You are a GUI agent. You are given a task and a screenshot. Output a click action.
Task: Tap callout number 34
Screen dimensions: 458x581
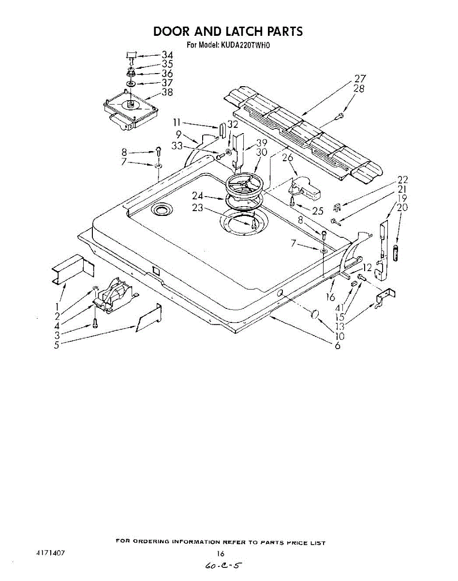167,55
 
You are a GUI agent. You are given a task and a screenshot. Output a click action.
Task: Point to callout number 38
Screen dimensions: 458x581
167,92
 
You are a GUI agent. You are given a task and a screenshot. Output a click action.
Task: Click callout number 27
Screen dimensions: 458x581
360,79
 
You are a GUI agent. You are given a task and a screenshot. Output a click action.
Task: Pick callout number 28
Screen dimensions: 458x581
359,89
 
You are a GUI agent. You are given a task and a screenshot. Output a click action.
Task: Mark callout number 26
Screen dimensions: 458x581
287,158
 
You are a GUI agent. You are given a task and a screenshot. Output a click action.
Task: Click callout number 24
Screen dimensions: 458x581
197,197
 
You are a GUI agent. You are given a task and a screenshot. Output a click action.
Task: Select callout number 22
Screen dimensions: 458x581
402,180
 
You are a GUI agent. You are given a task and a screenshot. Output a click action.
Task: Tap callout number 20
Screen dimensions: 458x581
402,208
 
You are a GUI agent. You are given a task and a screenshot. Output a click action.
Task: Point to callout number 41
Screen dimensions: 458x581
340,307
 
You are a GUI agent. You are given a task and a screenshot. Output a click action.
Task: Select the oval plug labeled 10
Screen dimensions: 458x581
315,315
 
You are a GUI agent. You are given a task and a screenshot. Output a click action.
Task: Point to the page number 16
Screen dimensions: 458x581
221,553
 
